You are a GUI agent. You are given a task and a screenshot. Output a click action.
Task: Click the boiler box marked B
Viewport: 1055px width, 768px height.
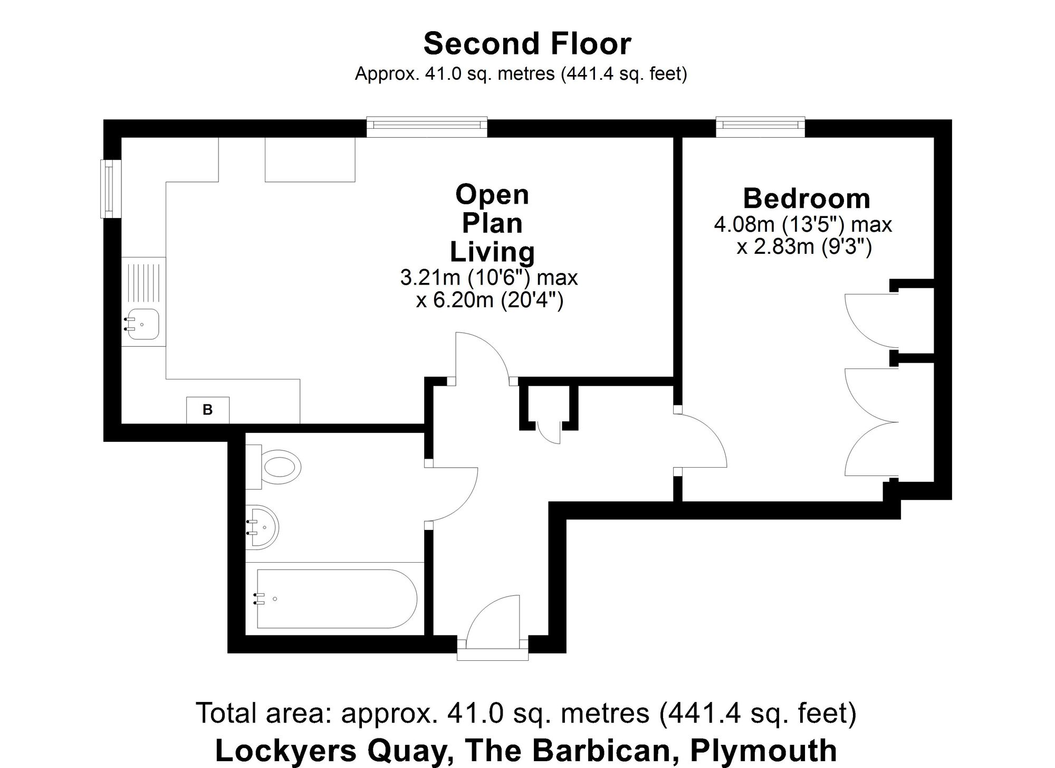(208, 410)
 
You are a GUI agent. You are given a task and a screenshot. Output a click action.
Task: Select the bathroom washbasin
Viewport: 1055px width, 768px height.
(263, 527)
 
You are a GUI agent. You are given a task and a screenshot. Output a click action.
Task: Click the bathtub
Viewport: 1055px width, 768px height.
(337, 599)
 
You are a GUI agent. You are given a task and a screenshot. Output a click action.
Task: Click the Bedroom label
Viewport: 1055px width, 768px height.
(807, 199)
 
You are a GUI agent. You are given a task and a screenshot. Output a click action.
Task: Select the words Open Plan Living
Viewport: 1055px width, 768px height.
(492, 223)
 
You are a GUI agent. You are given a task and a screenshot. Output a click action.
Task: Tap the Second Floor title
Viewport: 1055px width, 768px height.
(527, 43)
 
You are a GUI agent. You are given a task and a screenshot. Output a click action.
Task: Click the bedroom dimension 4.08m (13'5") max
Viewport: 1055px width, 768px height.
(802, 225)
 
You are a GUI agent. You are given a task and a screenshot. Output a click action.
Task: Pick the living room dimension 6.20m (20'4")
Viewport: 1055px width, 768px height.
(490, 300)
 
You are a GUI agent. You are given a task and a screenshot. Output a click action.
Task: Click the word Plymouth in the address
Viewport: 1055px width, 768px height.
(763, 750)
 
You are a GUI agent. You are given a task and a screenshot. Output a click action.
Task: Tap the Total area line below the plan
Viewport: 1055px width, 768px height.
(526, 713)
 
